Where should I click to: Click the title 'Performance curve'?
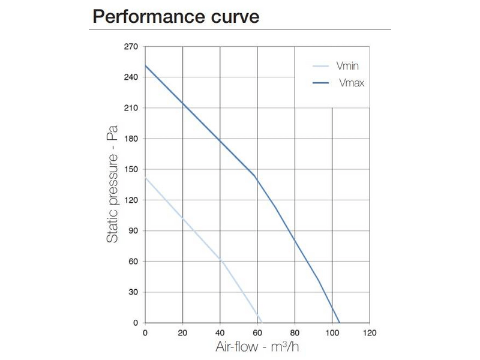coord(176,16)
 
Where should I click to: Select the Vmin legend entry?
coord(347,67)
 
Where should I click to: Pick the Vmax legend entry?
coord(351,83)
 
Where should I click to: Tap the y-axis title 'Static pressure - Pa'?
coord(112,184)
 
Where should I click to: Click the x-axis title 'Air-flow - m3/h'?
coord(257,347)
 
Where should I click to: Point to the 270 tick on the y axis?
coord(131,46)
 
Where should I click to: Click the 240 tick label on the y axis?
coord(131,77)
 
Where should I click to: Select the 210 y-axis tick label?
coord(131,108)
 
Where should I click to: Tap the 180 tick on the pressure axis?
coord(131,139)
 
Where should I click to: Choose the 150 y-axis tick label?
coord(131,169)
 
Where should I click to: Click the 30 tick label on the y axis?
coord(133,292)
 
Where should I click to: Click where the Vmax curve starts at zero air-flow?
coord(145,65)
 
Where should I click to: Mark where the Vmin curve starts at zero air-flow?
coord(145,178)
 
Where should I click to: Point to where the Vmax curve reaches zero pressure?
coord(340,323)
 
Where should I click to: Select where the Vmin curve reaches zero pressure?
coord(262,323)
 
